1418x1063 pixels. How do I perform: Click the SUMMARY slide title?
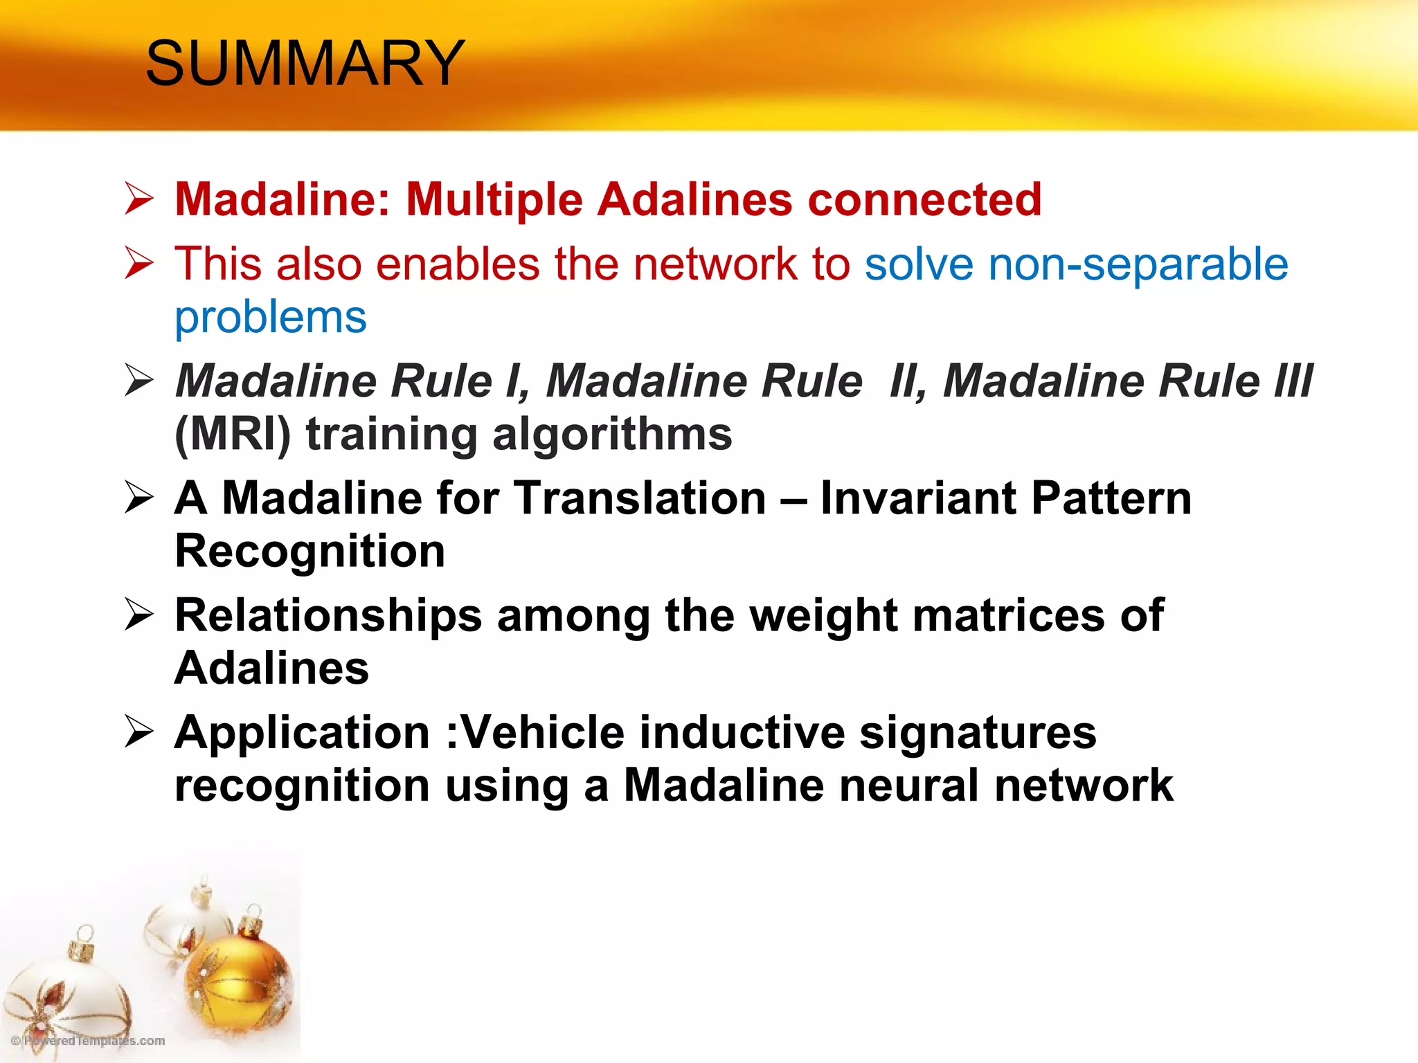tap(305, 64)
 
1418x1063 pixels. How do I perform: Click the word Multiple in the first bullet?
tap(494, 200)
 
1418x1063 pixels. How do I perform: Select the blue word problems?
tap(271, 318)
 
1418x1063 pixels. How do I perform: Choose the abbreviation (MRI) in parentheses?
tap(233, 435)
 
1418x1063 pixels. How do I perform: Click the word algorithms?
tap(612, 435)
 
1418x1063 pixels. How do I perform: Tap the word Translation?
tap(640, 498)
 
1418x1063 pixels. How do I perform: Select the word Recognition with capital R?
tap(309, 552)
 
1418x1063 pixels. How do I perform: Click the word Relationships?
tap(328, 615)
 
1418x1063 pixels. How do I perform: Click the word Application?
tap(302, 732)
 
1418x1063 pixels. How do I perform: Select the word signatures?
tap(978, 732)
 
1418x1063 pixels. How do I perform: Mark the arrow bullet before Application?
tap(139, 732)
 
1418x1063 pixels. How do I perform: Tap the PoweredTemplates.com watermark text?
tap(90, 1041)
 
